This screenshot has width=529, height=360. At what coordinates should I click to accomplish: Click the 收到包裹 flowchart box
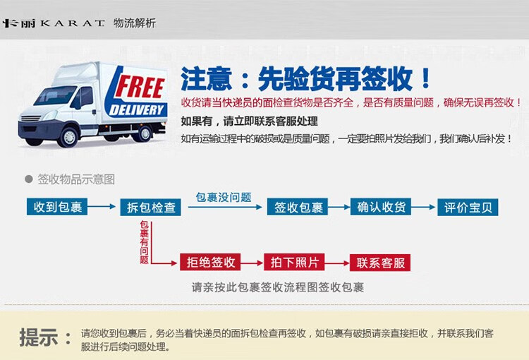click(57, 207)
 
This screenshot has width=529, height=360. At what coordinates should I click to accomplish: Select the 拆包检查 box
click(150, 207)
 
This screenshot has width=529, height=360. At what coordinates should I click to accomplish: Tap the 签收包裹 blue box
click(298, 207)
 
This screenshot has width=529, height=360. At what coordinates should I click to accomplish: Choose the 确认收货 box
click(381, 207)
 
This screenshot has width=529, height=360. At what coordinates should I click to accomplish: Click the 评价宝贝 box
click(468, 207)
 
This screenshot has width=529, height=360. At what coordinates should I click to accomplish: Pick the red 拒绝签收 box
click(210, 262)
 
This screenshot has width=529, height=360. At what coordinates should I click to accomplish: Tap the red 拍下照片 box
click(294, 262)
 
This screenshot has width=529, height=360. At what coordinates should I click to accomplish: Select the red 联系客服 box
click(380, 263)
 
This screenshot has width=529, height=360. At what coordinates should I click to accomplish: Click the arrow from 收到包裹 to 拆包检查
click(102, 206)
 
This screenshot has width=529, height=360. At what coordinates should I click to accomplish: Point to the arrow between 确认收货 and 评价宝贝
click(423, 207)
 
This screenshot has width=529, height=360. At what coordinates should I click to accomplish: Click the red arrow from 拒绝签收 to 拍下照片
click(252, 263)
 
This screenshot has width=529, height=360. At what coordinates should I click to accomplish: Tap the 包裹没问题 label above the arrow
click(224, 197)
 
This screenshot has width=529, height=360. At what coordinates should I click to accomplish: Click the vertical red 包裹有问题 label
click(144, 242)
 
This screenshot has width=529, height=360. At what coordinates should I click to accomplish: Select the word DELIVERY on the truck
click(136, 110)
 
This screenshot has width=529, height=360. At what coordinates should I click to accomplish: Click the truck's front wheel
click(69, 136)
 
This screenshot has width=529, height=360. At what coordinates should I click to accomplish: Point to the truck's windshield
click(54, 95)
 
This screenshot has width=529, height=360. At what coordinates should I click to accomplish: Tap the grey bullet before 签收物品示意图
click(29, 179)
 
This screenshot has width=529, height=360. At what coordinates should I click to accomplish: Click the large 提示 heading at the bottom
click(39, 337)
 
